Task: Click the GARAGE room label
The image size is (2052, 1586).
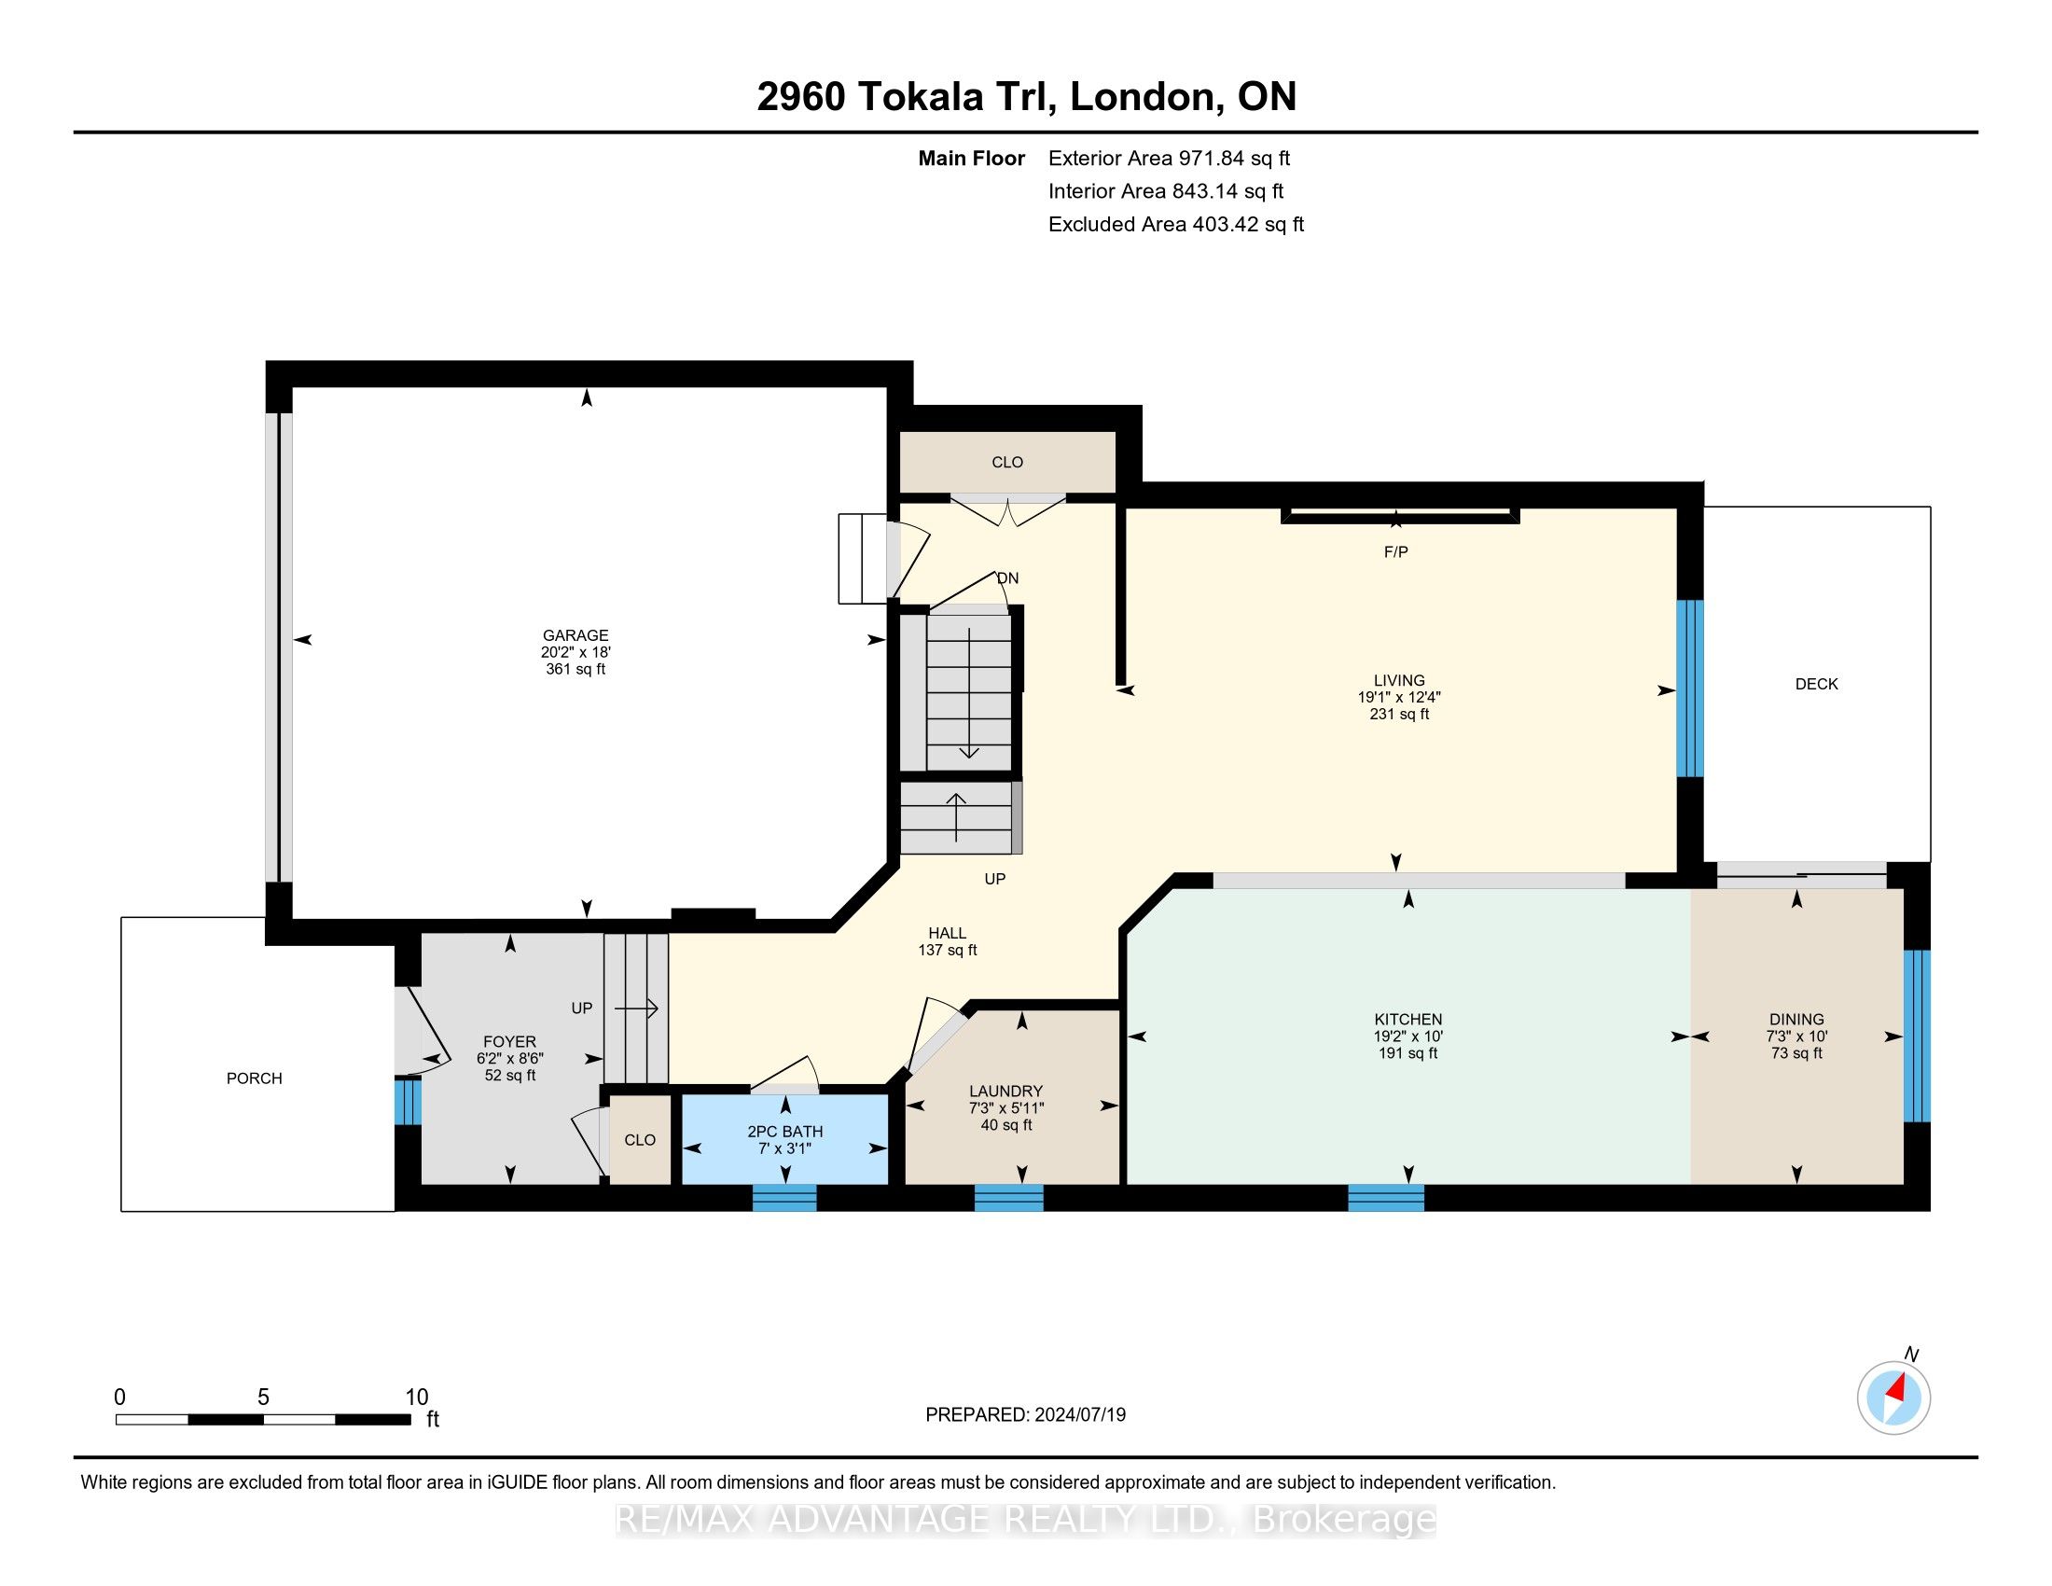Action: tap(575, 635)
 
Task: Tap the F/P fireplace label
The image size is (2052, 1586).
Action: tap(1395, 552)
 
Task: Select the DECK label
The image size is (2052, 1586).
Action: tap(1816, 684)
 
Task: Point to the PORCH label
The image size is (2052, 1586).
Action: tap(254, 1078)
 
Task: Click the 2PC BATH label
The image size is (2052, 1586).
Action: tap(784, 1132)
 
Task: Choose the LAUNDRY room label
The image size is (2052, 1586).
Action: tap(1005, 1091)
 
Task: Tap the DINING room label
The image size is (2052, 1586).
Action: tap(1796, 1019)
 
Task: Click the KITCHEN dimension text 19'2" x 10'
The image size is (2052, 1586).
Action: tap(1407, 1036)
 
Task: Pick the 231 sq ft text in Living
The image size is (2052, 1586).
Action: tap(1399, 714)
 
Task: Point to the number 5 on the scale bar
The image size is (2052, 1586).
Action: tap(263, 1398)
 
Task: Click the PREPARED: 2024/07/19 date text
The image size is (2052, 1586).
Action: tap(1025, 1414)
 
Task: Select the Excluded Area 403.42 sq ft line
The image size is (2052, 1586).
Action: tap(1175, 225)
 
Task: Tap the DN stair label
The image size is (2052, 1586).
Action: tap(1007, 577)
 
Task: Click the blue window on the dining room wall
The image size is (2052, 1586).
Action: tap(1917, 1036)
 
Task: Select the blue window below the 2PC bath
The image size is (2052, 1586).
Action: tap(784, 1198)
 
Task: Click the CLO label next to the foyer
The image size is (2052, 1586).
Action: tap(640, 1140)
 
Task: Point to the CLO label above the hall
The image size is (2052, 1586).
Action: tap(1007, 462)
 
